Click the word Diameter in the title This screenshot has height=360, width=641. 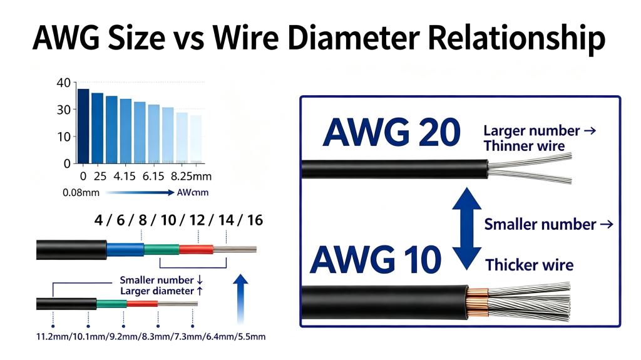[354, 38]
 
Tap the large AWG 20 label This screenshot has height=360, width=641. [392, 132]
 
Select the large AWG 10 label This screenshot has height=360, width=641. [376, 259]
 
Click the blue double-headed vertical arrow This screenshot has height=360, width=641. [466, 229]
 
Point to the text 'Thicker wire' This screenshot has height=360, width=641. [530, 265]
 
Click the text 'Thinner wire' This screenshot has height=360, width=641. [524, 146]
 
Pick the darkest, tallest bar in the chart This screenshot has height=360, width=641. [83, 126]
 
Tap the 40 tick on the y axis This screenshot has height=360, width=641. [64, 83]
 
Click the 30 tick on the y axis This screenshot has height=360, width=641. [64, 110]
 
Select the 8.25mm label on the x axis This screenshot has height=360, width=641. [191, 177]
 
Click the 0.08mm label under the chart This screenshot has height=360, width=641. [81, 193]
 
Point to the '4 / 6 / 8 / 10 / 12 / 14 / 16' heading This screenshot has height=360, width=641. [178, 220]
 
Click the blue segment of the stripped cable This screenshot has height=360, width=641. [125, 250]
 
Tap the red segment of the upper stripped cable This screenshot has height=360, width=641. [196, 249]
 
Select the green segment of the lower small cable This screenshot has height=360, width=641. [111, 304]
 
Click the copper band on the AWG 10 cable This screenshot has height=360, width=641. [478, 303]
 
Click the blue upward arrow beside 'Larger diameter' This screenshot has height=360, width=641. [240, 299]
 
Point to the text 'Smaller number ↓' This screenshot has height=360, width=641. [162, 280]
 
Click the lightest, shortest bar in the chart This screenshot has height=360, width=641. [196, 139]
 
